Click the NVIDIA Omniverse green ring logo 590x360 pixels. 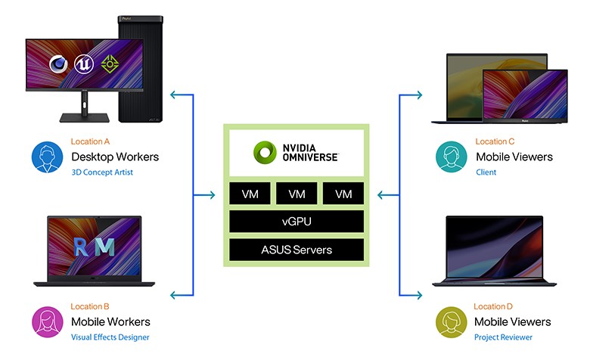(265, 152)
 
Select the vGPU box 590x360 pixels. (297, 221)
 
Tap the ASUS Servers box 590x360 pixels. (297, 250)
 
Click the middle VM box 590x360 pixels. (297, 194)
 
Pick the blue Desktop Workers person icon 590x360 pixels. (47, 157)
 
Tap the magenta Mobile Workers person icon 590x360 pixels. (48, 321)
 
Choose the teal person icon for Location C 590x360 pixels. (451, 157)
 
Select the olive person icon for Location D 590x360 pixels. (451, 322)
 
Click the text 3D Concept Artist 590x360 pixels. (102, 172)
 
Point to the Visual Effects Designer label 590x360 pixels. (110, 337)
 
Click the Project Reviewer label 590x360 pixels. (503, 337)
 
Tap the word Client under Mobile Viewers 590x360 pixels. (486, 172)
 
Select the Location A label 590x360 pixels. (90, 141)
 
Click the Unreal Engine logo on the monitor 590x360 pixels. (83, 64)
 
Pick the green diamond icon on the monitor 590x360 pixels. (110, 64)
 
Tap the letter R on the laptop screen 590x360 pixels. (81, 247)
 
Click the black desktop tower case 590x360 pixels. (141, 69)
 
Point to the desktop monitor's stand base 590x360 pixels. (84, 118)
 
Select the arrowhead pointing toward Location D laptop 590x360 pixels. (418, 295)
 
